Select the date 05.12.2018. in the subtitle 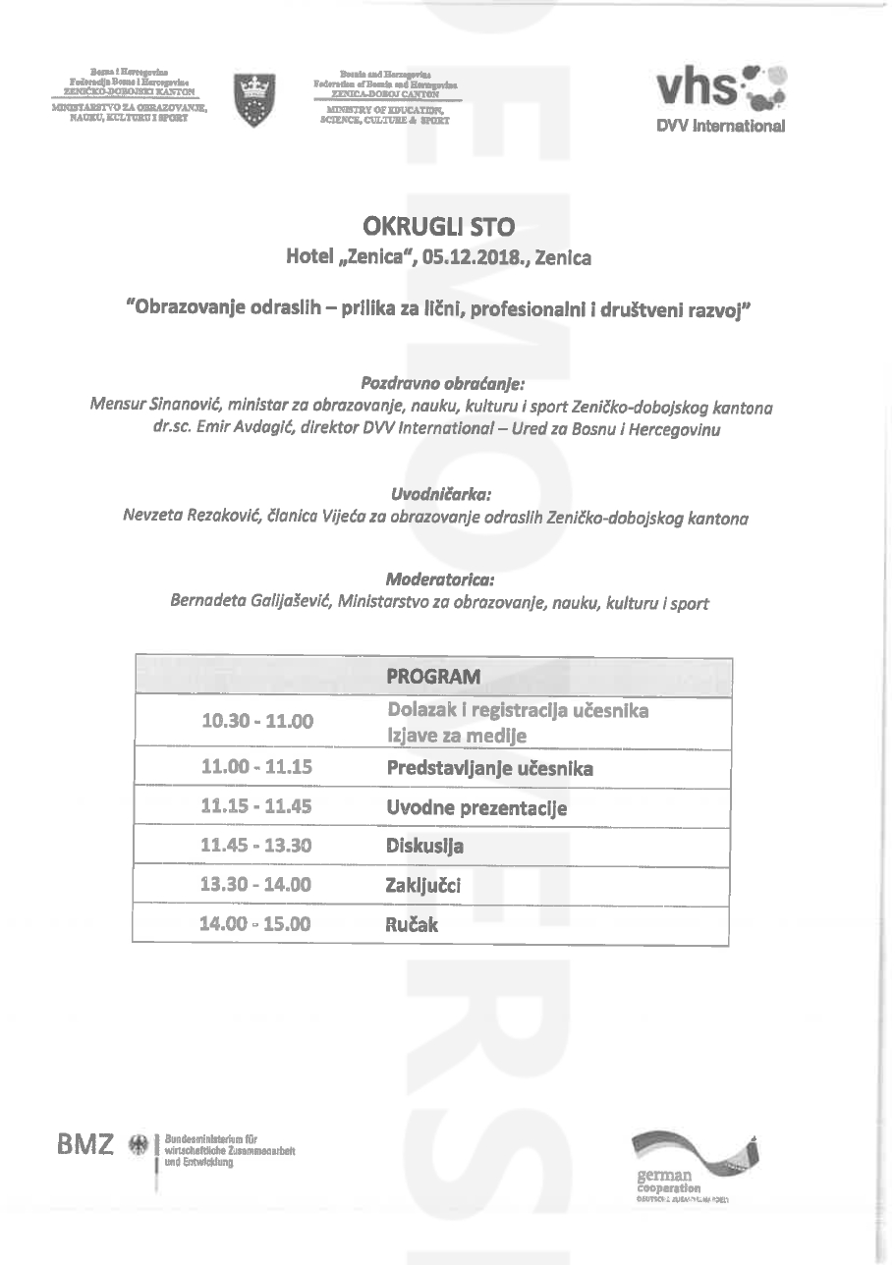[473, 257]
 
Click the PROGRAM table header [433, 676]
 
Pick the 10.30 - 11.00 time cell [257, 722]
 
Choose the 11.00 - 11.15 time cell [256, 766]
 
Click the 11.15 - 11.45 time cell [256, 806]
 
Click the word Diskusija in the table [424, 846]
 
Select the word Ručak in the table [412, 924]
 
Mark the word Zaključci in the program [423, 886]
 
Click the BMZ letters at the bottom [85, 1144]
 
